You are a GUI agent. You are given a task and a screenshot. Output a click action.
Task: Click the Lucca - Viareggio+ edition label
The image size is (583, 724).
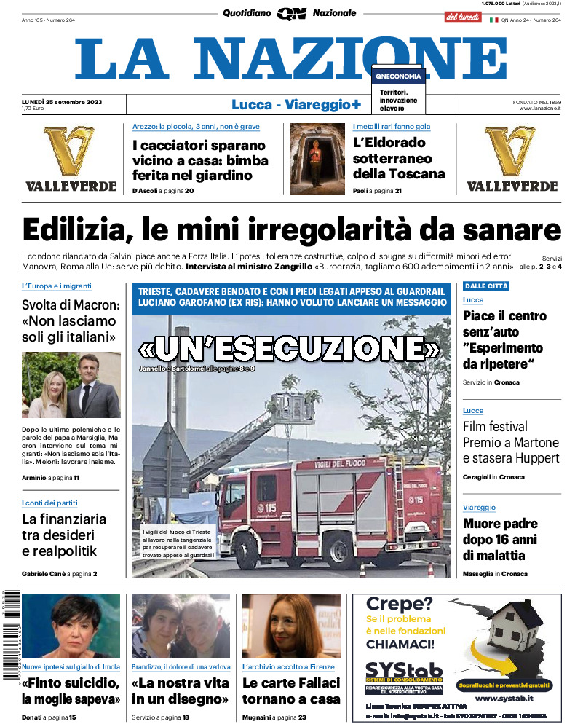pyautogui.click(x=296, y=105)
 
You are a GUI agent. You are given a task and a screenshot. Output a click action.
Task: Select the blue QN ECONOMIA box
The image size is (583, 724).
pyautogui.click(x=397, y=76)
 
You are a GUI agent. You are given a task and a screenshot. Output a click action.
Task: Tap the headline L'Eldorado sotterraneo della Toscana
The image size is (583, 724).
pyautogui.click(x=399, y=158)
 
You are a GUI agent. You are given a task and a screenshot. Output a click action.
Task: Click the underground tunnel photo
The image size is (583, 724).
pyautogui.click(x=317, y=160)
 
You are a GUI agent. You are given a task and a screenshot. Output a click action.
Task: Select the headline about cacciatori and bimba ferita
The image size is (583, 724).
pyautogui.click(x=200, y=160)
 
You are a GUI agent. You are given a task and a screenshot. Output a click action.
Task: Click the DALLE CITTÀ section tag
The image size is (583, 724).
pyautogui.click(x=486, y=286)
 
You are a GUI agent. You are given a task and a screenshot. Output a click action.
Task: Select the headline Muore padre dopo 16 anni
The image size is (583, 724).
pyautogui.click(x=500, y=539)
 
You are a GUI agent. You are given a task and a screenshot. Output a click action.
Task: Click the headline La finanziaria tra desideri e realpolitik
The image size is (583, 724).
pyautogui.click(x=64, y=535)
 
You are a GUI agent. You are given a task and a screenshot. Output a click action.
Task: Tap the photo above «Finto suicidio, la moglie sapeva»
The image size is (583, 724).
pyautogui.click(x=71, y=626)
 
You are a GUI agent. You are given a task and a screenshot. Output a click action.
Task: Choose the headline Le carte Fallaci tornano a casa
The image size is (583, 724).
pyautogui.click(x=290, y=690)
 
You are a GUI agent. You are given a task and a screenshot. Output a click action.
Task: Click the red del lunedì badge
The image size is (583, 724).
pyautogui.click(x=463, y=15)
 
